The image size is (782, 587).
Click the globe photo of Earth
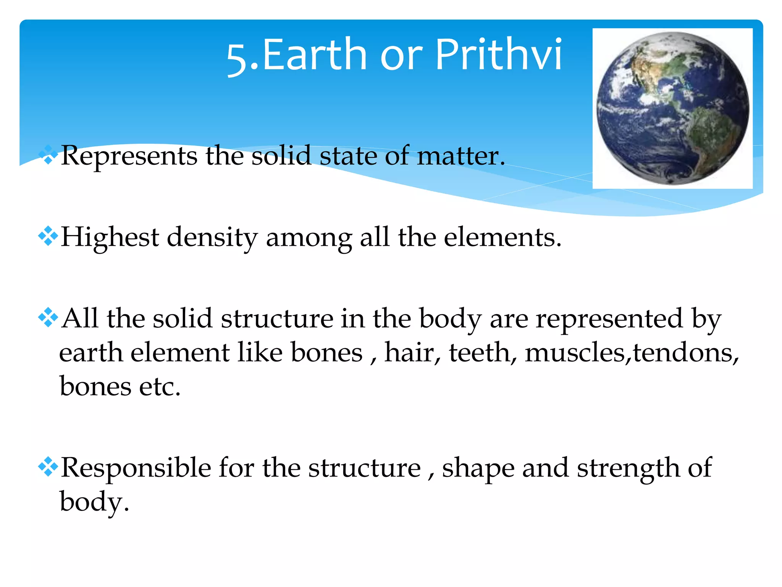coord(672,108)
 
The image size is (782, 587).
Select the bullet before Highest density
coord(48,237)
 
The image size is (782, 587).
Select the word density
coord(212,238)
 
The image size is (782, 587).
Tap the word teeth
coord(482,352)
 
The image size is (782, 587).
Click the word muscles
coord(575,352)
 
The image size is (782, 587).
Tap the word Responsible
coord(136,468)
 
